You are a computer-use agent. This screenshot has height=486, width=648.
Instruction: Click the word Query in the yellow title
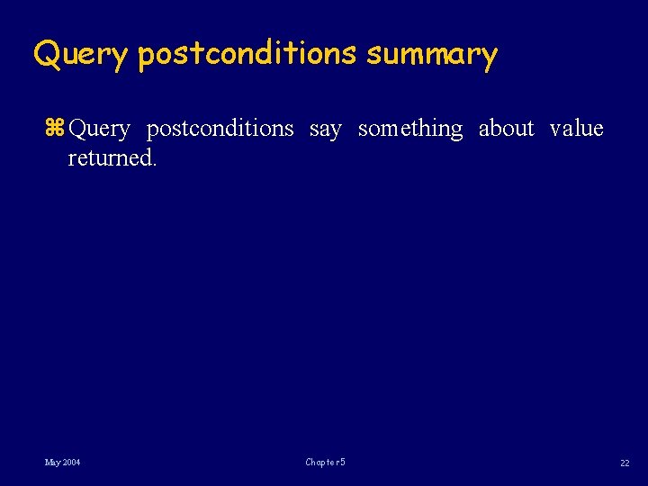[x=81, y=56]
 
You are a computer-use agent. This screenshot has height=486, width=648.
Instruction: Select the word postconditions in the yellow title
[x=247, y=56]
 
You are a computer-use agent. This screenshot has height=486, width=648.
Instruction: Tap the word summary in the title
[x=431, y=56]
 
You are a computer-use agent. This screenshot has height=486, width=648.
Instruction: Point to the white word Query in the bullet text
[x=99, y=130]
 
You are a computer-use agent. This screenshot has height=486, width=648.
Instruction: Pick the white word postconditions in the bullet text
[x=220, y=130]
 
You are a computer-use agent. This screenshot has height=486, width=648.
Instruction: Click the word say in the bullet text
[x=325, y=130]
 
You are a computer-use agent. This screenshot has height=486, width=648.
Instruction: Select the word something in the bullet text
[x=409, y=130]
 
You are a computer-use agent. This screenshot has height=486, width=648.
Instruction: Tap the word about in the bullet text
[x=506, y=130]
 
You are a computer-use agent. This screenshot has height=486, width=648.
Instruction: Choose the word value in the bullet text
[x=576, y=130]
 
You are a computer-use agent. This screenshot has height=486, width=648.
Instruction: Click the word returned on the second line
[x=107, y=158]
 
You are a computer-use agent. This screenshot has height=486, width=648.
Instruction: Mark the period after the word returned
[x=154, y=165]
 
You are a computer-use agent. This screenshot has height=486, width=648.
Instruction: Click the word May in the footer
[x=53, y=463]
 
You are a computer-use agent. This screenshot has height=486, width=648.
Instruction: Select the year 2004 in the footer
[x=72, y=463]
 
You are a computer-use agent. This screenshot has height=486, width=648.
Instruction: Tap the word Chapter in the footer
[x=321, y=463]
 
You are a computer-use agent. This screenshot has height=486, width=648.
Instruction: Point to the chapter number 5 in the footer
[x=343, y=463]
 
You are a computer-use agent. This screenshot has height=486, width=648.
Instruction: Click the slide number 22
[x=625, y=463]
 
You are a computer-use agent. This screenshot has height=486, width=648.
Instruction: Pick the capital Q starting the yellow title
[x=45, y=55]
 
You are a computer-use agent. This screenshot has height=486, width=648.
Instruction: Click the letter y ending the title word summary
[x=489, y=58]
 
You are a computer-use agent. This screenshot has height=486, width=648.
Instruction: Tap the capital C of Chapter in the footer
[x=309, y=463]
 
